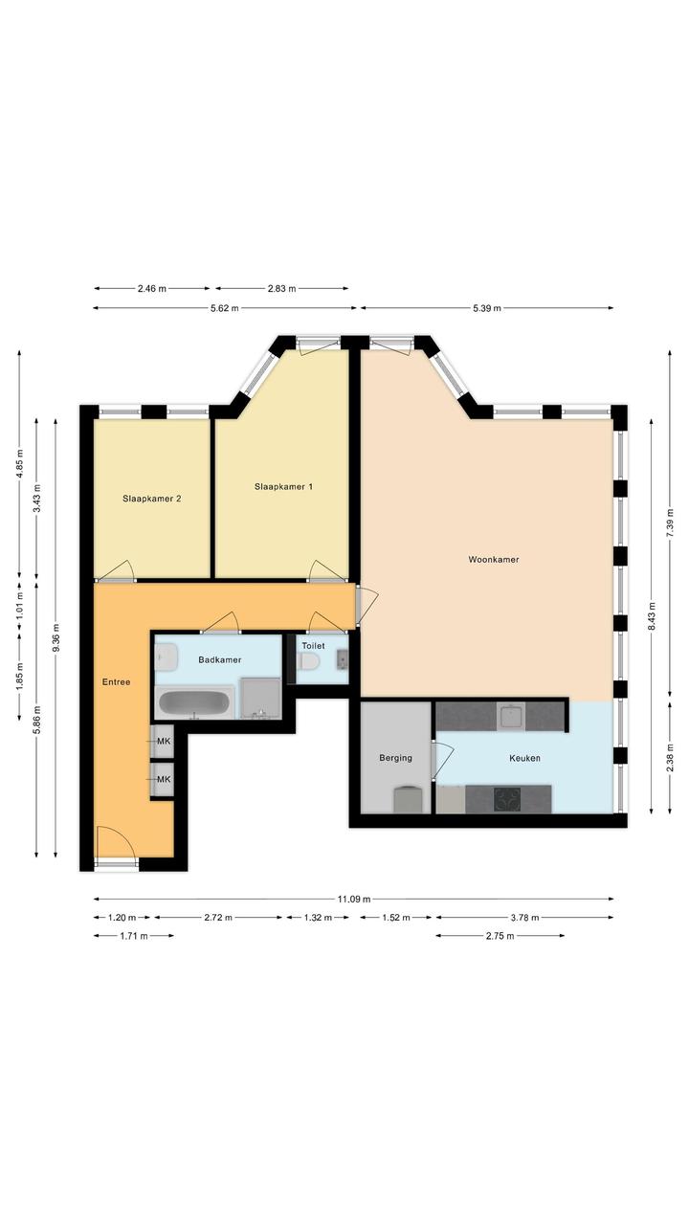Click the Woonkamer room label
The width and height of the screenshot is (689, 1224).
click(494, 560)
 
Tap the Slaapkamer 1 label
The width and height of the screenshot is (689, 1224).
click(283, 486)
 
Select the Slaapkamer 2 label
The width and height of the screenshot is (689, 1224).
click(152, 499)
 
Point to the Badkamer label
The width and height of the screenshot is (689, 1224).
click(220, 659)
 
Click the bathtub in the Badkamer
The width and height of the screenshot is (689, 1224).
click(195, 703)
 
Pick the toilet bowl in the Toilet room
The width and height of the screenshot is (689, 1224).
click(309, 661)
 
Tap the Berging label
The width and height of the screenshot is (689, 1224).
click(395, 758)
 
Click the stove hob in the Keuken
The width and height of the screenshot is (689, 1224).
click(507, 799)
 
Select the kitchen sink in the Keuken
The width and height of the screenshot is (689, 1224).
click(511, 716)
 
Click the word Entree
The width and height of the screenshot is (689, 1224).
click(117, 682)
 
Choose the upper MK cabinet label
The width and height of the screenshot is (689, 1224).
click(164, 742)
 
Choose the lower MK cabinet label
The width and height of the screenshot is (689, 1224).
click(164, 779)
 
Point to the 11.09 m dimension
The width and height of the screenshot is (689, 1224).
click(353, 899)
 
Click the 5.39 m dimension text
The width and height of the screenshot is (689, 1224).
click(487, 308)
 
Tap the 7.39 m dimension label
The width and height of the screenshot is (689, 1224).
click(670, 523)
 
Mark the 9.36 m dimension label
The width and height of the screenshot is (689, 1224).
click(56, 638)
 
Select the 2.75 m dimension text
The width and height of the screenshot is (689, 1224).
click(500, 936)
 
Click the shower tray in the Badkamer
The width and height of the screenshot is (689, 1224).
click(260, 699)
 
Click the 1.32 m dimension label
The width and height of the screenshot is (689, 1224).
click(318, 918)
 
